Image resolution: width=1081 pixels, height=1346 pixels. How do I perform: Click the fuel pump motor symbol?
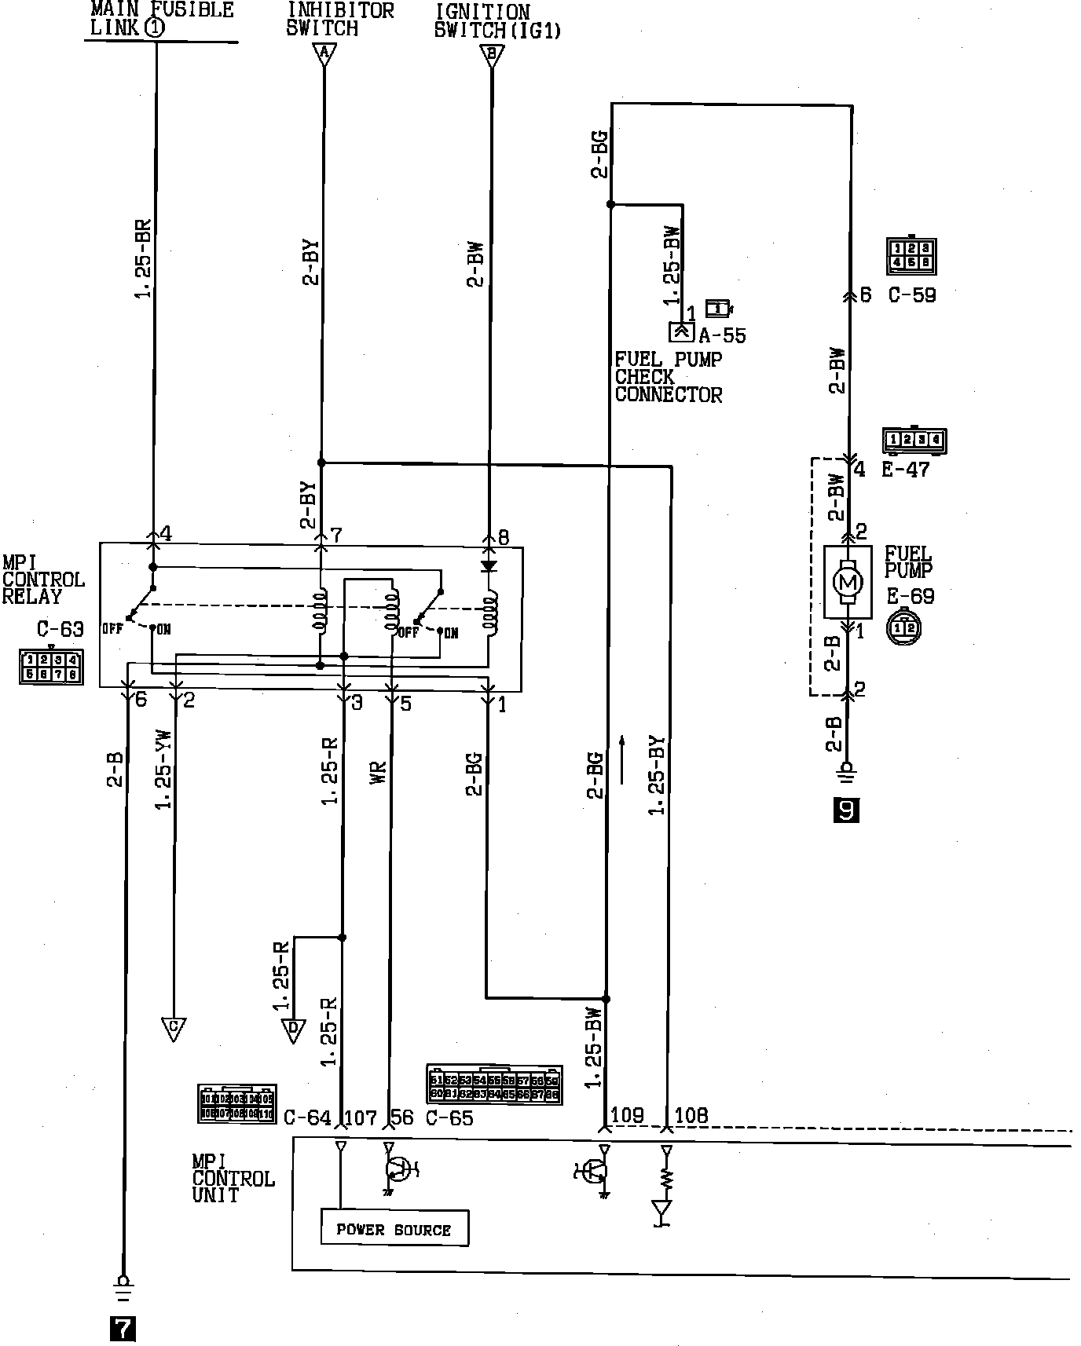point(847,582)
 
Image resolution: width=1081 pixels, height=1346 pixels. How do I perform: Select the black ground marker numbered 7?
point(123,1328)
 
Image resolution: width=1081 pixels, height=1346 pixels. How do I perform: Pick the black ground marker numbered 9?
point(846,810)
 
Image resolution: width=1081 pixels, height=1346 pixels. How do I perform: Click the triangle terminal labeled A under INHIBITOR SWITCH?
point(324,53)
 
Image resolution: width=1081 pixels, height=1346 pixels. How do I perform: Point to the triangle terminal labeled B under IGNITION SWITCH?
point(492,55)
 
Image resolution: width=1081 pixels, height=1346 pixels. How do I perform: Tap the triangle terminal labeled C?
point(174,1028)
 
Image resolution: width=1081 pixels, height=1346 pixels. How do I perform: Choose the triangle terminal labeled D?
point(293,1030)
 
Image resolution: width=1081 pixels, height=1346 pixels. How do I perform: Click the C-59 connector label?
point(912,295)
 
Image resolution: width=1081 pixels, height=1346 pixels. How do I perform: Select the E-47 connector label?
point(905,470)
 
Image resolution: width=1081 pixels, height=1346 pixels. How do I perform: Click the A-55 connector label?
point(722,335)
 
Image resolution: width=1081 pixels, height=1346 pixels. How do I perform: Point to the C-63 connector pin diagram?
point(51,667)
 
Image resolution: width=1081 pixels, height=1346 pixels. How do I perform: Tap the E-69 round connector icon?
point(903,627)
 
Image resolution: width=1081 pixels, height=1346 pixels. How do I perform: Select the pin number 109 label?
point(627,1116)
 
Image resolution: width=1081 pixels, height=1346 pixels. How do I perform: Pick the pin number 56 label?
point(401,1117)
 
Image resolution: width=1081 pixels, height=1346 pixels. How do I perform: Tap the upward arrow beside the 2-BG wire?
point(622,759)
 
